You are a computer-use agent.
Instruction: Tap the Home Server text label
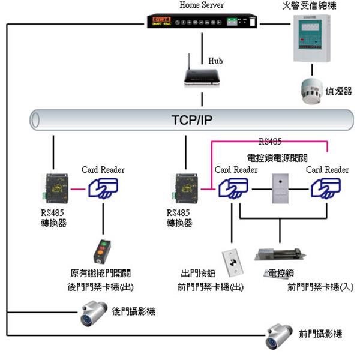pyautogui.click(x=202, y=5)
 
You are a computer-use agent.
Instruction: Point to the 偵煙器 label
pyautogui.click(x=339, y=91)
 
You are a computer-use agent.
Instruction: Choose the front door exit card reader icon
pyautogui.click(x=232, y=190)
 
